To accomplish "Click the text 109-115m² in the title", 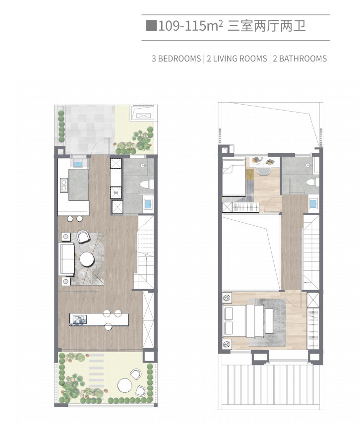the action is (x=190, y=26).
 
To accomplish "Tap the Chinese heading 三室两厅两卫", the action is (x=267, y=26).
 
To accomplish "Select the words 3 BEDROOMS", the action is (x=176, y=59).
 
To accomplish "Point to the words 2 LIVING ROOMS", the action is (x=237, y=59).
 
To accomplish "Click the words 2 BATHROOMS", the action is (x=300, y=59).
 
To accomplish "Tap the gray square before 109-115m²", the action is (x=151, y=26).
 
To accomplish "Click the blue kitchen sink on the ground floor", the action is (x=78, y=164).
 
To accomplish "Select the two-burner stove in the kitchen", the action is (x=64, y=185).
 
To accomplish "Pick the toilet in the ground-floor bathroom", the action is (x=145, y=184).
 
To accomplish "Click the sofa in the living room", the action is (x=66, y=259).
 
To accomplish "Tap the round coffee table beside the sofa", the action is (x=87, y=259).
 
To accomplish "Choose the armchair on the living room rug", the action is (x=83, y=237).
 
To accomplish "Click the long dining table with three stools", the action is (x=99, y=319).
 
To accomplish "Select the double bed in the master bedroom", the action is (x=243, y=321).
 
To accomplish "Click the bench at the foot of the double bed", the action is (x=269, y=321).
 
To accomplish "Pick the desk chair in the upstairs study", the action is (x=263, y=171).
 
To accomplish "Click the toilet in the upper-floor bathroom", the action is (x=312, y=182).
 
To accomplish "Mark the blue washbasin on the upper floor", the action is (x=313, y=203).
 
